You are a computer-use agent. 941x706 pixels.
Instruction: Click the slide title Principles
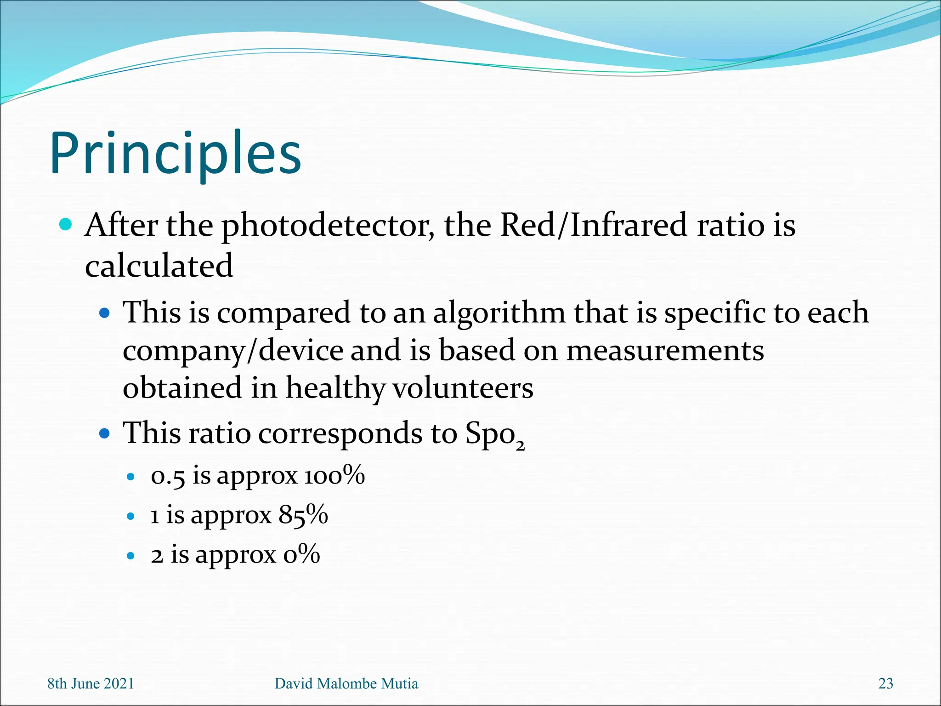176,154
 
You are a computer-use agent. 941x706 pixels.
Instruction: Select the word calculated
159,266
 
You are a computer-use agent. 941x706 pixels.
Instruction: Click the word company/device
233,351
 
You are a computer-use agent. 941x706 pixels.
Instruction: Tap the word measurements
665,350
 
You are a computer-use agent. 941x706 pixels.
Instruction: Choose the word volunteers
463,388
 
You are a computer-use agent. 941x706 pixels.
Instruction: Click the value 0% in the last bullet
301,554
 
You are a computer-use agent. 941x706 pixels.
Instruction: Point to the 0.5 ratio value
168,476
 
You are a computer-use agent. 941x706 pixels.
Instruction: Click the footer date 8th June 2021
91,683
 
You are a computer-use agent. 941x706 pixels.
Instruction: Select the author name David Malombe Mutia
346,683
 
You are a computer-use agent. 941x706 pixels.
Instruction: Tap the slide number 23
885,683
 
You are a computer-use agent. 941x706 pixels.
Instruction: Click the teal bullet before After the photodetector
66,225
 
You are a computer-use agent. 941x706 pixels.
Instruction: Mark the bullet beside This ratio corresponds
105,433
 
